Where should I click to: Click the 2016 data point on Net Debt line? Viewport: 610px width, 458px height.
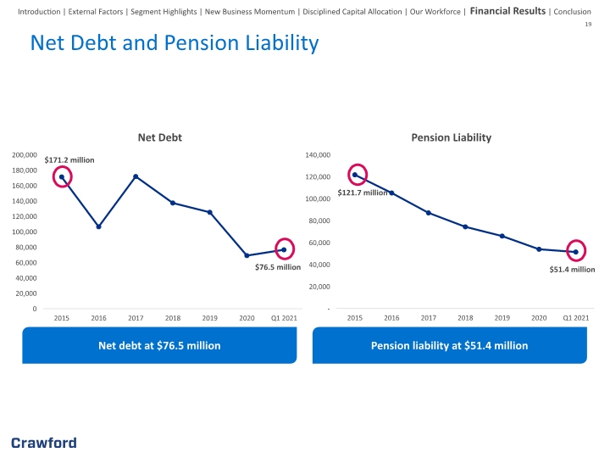click(98, 226)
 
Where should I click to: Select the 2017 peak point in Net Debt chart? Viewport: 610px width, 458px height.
click(136, 176)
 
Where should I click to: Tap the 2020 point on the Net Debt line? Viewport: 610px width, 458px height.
click(247, 255)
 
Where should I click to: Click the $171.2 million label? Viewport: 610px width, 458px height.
click(69, 160)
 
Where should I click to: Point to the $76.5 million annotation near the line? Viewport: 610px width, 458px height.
click(278, 267)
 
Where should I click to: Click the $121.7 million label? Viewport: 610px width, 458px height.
click(363, 193)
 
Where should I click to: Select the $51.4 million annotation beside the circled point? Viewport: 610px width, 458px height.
click(572, 270)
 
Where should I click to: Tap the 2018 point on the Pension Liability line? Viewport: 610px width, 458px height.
click(465, 226)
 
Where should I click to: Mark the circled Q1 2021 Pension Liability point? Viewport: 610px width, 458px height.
click(576, 252)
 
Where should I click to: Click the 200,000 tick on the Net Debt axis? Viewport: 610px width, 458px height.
click(25, 155)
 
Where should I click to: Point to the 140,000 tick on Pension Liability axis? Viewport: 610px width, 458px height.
click(318, 155)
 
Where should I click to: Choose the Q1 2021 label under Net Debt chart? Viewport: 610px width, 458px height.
click(284, 318)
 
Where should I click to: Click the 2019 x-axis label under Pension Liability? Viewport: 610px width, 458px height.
click(502, 318)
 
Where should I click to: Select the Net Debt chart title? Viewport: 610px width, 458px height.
click(160, 137)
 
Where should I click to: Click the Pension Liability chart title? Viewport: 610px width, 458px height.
click(452, 137)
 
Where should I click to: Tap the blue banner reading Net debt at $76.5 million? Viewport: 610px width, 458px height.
click(159, 345)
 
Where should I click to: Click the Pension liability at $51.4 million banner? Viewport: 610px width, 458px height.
click(450, 345)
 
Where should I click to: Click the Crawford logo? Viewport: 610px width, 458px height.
click(44, 443)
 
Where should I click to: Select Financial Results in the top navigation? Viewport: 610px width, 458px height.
click(507, 11)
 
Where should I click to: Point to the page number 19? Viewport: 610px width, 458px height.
click(588, 24)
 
